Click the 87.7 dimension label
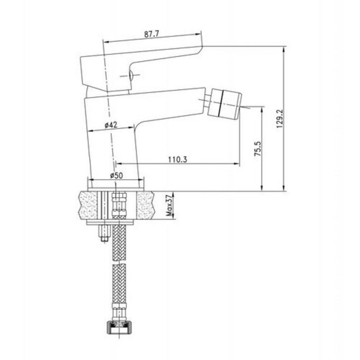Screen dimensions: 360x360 [x=151, y=34]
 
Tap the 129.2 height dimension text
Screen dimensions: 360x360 [x=280, y=119]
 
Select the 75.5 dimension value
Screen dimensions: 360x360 [x=257, y=149]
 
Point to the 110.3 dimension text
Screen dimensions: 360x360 [x=177, y=159]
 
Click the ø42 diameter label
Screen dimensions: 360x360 [x=111, y=125]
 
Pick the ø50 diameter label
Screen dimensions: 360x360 [x=116, y=175]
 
